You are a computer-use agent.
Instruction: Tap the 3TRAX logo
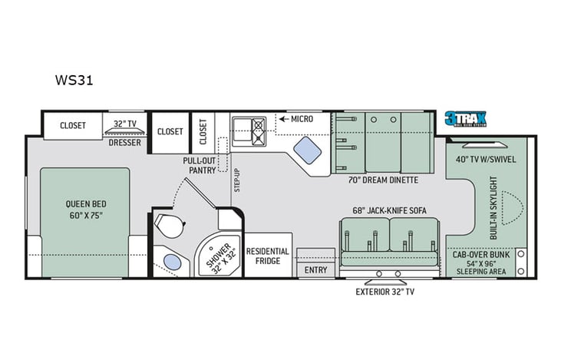pos(466,119)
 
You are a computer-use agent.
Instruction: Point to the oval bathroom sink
pos(173,262)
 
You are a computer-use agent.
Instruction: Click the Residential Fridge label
pos(267,256)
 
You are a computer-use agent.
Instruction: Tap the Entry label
pos(315,270)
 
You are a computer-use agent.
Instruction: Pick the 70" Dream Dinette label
pos(382,180)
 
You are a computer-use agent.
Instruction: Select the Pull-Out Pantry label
pos(198,166)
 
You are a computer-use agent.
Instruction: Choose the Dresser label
pos(124,142)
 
